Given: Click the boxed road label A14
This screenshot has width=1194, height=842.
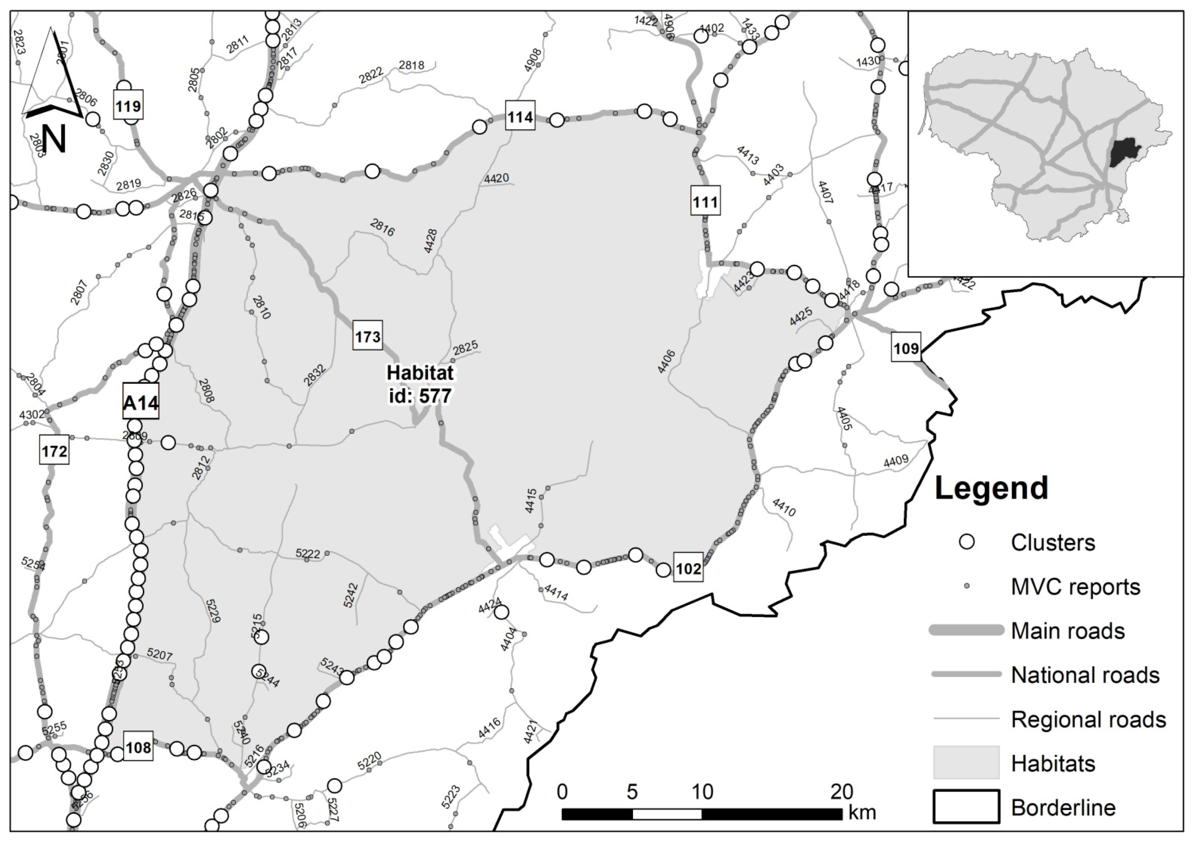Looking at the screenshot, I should tap(140, 402).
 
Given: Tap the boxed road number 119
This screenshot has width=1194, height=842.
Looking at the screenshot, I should tap(128, 106).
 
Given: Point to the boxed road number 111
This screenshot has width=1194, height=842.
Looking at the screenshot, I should tap(705, 202).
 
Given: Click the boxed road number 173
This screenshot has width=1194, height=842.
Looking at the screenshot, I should tap(368, 336).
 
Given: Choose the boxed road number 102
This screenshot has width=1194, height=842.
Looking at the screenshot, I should tap(688, 568).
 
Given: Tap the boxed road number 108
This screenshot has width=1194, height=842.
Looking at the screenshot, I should tap(138, 747).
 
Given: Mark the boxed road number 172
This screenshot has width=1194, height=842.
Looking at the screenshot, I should tap(54, 451).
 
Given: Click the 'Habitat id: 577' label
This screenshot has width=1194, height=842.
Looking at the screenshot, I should tap(420, 384).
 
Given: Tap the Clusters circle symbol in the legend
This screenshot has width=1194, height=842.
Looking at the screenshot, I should tap(966, 542).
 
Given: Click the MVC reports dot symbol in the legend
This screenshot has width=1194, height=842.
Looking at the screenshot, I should tap(966, 587).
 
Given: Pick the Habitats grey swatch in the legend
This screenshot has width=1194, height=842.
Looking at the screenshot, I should tap(966, 763).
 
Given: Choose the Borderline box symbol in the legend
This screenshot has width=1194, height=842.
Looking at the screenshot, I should tap(966, 807).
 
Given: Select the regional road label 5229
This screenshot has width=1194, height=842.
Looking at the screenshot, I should tap(213, 611).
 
